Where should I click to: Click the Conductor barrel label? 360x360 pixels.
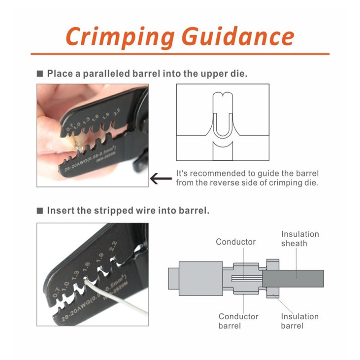point(238,321)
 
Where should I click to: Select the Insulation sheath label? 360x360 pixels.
point(300,239)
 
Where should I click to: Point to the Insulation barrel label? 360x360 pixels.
point(300,321)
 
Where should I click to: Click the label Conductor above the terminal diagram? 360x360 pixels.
point(236,242)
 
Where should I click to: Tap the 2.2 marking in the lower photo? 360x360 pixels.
point(114,247)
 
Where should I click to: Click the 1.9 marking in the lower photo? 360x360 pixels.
point(100,257)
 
